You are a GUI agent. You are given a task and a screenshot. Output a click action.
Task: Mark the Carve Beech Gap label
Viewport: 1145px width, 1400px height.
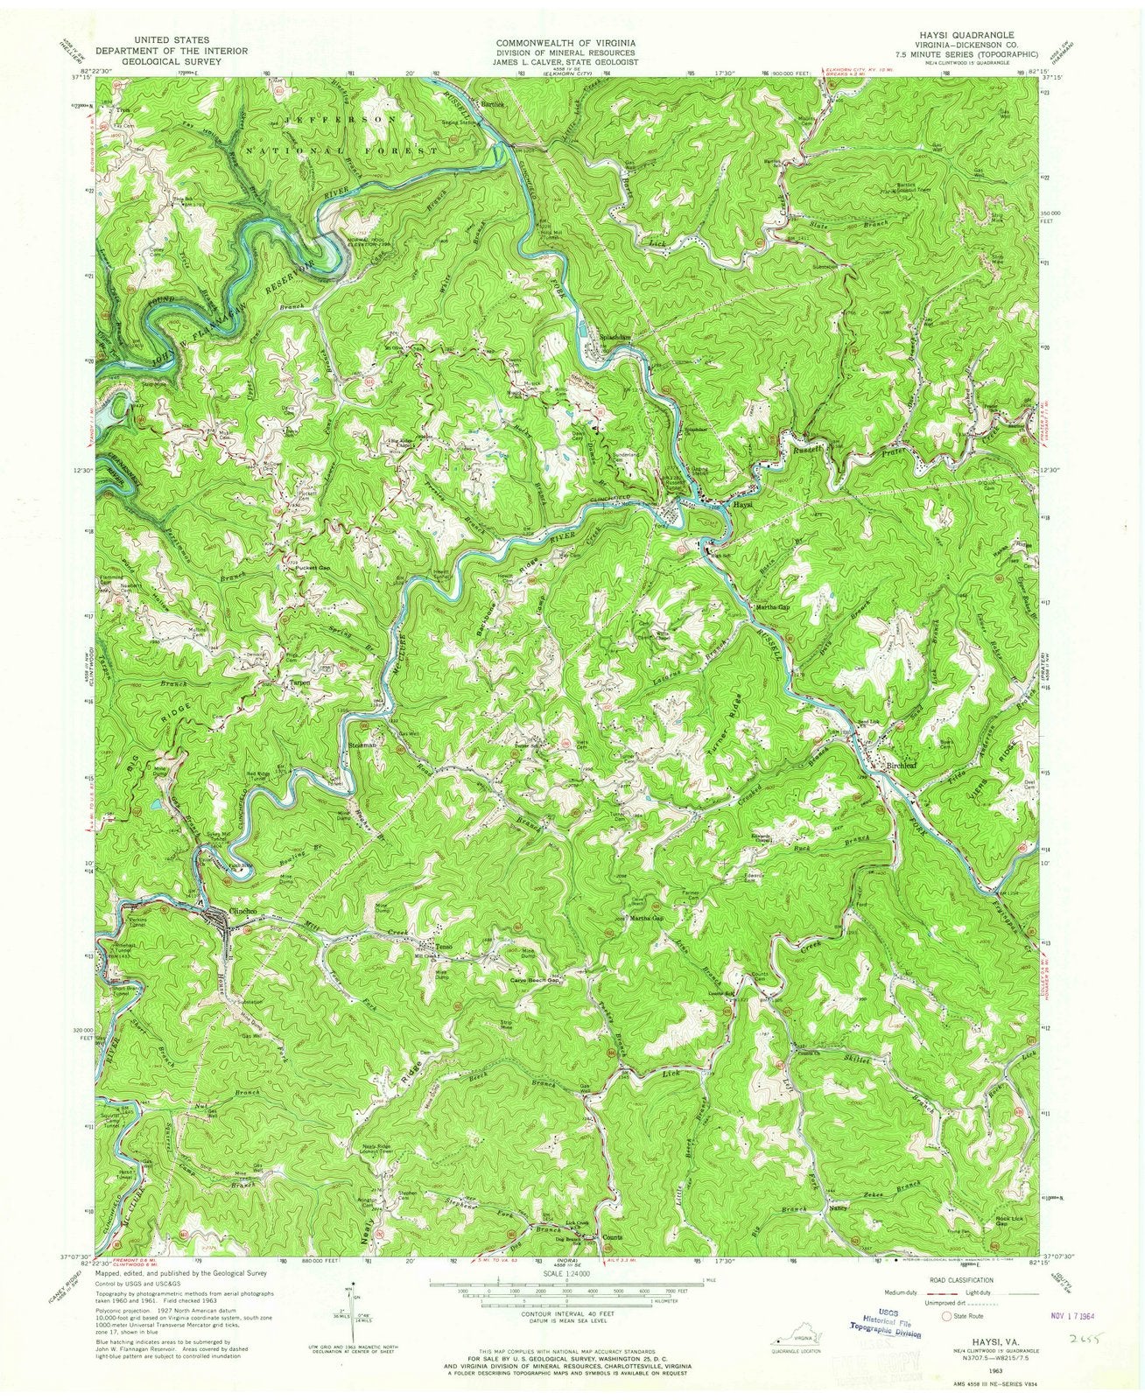(x=534, y=982)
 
